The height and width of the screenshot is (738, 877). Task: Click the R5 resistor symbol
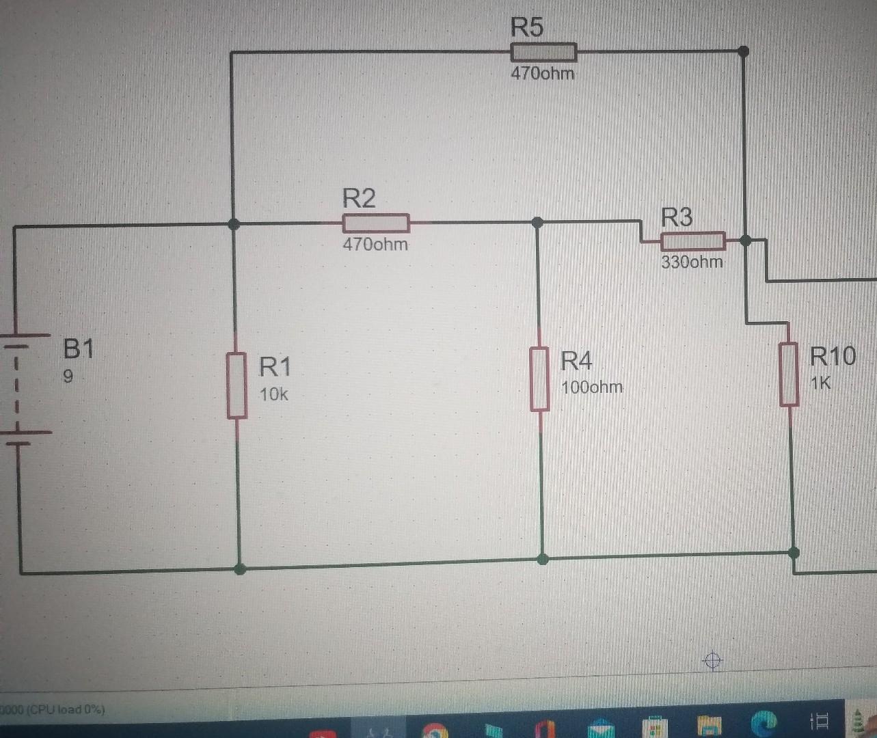[x=543, y=52]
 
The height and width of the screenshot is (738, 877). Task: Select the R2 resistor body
[x=375, y=223]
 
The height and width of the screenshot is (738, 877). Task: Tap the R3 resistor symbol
[x=692, y=241]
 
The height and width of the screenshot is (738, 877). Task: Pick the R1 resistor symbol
[x=237, y=385]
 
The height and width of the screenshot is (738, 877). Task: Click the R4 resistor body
[x=539, y=379]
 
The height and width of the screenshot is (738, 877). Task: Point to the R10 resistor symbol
[x=790, y=374]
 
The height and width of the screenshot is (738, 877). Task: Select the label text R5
[x=526, y=27]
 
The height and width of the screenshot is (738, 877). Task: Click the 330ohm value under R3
[x=692, y=262]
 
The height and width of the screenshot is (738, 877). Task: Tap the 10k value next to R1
[x=273, y=394]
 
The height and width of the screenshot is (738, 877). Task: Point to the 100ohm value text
[x=592, y=387]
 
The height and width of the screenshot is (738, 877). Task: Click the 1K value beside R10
[x=820, y=383]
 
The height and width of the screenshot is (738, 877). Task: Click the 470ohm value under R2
[x=375, y=244]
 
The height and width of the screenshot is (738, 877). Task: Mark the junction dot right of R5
[x=744, y=51]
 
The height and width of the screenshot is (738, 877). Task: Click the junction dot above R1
[x=234, y=223]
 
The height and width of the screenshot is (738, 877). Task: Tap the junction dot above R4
[x=537, y=222]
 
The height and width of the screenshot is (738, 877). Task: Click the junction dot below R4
[x=543, y=559]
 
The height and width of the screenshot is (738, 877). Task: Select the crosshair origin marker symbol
[x=712, y=660]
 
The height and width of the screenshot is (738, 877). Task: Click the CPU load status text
[x=53, y=709]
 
